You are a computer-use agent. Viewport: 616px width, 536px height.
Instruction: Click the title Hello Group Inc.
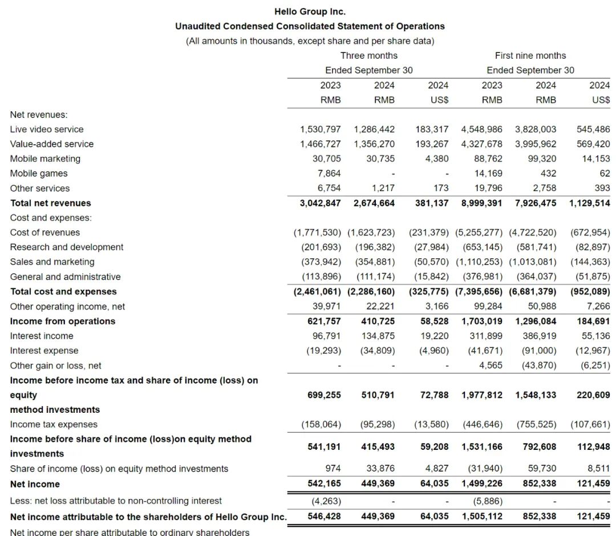pyautogui.click(x=310, y=11)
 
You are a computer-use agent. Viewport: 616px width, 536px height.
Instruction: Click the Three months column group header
pyautogui.click(x=368, y=55)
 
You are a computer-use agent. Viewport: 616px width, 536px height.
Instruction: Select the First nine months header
pyautogui.click(x=530, y=55)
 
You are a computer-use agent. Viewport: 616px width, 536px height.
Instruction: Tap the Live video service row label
pyautogui.click(x=47, y=129)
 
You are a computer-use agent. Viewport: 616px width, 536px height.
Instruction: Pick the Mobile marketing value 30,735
pyautogui.click(x=378, y=159)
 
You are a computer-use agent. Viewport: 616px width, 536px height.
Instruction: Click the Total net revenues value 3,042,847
pyautogui.click(x=320, y=203)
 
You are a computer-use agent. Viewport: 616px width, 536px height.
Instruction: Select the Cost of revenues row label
pyautogui.click(x=45, y=233)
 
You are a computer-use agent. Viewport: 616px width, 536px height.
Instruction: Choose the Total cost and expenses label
pyautogui.click(x=63, y=291)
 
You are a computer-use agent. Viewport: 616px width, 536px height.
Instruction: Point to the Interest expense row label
pyautogui.click(x=44, y=351)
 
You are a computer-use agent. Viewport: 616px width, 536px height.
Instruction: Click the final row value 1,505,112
pyautogui.click(x=482, y=517)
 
